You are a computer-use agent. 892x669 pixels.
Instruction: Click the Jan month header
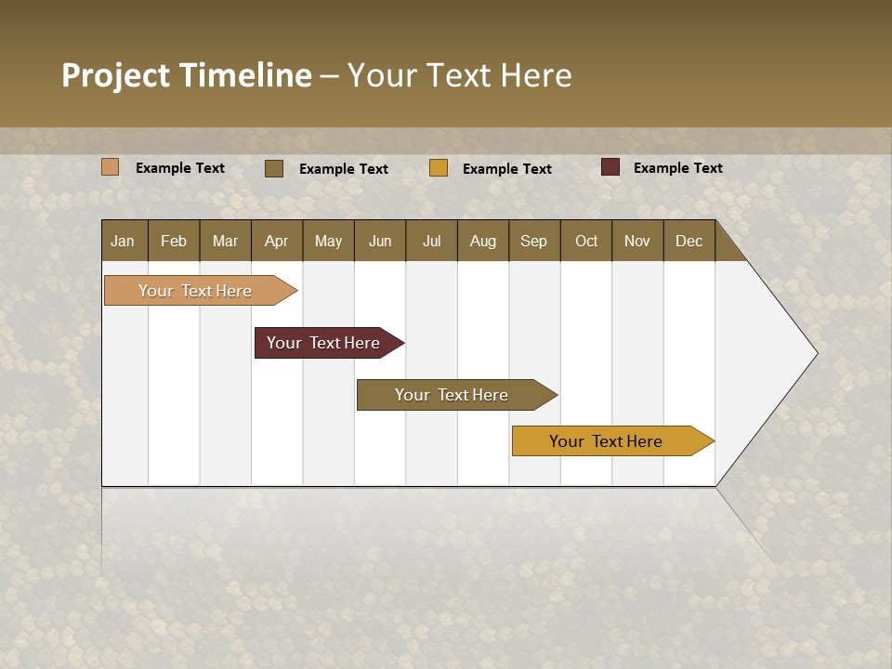123,241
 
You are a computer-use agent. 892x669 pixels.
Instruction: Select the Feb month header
174,241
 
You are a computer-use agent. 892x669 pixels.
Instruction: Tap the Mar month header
225,241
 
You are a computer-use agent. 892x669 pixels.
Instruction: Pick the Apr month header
277,241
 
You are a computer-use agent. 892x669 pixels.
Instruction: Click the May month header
328,241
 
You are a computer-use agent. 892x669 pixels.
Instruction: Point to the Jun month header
380,241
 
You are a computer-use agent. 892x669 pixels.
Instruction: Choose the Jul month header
431,241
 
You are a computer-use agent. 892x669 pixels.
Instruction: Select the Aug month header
483,241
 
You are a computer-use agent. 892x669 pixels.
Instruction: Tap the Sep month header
534,241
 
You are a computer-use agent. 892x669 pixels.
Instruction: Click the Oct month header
586,241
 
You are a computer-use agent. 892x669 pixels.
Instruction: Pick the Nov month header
637,241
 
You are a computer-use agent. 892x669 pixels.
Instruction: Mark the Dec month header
689,241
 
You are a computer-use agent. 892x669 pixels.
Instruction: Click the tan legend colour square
111,167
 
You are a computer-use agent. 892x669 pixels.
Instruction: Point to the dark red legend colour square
610,167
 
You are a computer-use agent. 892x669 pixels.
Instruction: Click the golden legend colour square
439,168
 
